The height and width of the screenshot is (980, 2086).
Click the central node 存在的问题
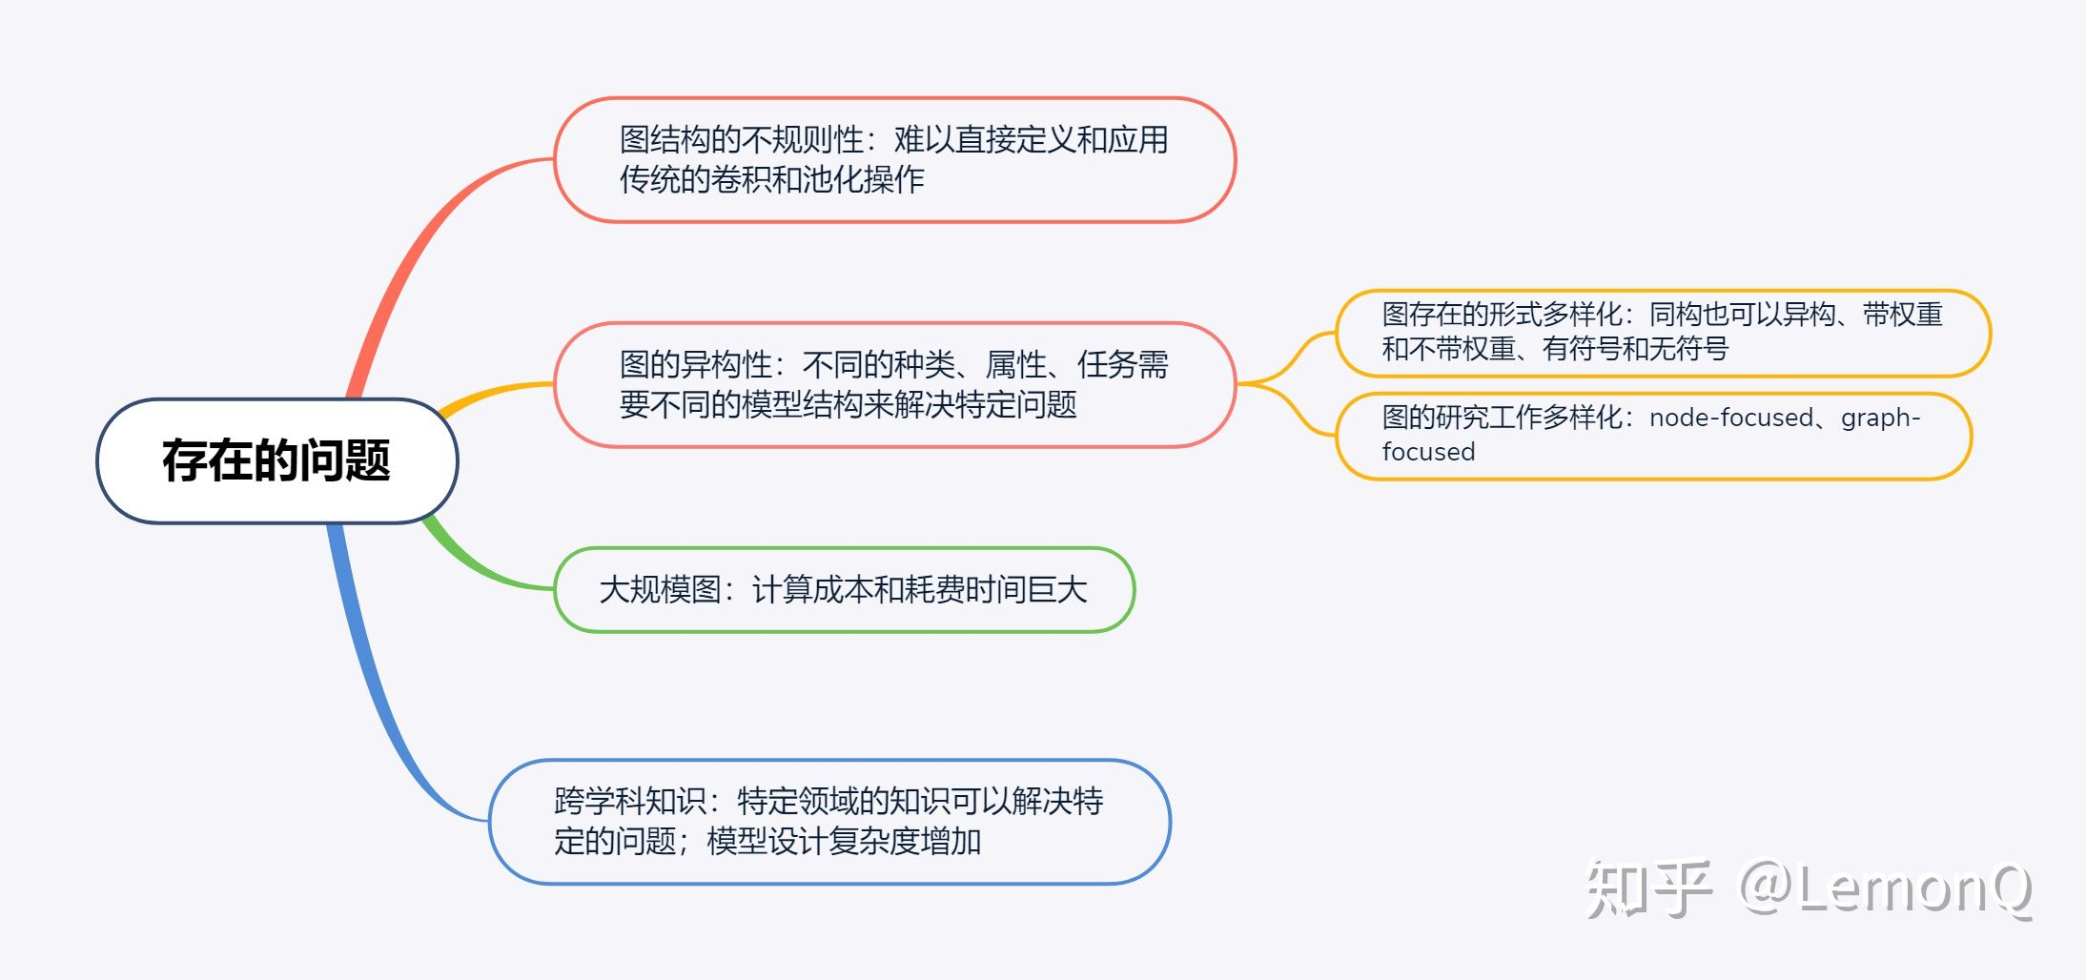pos(276,460)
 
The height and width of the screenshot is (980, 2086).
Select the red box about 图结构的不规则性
pos(894,159)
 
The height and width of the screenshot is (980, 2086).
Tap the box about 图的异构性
pos(894,384)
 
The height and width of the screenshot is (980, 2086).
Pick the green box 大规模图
pos(844,589)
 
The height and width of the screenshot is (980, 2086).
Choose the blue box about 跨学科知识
pos(829,822)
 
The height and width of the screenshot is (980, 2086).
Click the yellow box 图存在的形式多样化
pos(1663,333)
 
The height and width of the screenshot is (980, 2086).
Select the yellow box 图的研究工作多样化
pos(1653,436)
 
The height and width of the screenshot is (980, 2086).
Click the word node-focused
pos(1732,418)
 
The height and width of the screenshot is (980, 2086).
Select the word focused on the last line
pos(1428,452)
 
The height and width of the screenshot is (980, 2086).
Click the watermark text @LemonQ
pos(1885,888)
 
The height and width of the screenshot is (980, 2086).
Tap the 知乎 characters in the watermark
pos(1647,888)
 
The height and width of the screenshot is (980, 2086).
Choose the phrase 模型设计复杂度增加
pos(844,841)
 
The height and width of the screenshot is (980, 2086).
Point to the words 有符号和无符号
pos(1635,349)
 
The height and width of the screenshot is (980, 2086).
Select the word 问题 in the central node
pos(345,460)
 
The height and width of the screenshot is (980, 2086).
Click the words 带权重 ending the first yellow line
pos(1903,314)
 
